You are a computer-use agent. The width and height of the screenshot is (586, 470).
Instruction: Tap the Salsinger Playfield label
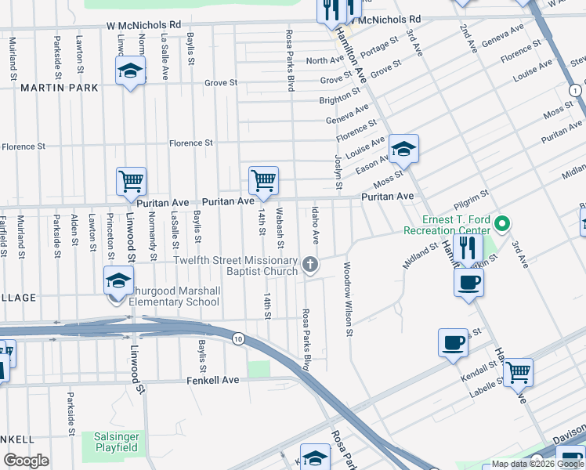[x=111, y=442]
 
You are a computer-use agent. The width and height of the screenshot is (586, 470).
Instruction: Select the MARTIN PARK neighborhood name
[x=49, y=88]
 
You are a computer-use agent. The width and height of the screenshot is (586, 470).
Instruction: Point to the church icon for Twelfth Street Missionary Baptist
[x=311, y=265]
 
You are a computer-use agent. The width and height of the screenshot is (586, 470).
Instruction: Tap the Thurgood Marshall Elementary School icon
[x=118, y=280]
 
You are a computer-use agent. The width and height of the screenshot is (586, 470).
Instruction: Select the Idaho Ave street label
[x=316, y=224]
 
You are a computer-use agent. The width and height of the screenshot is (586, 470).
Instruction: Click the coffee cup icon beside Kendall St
[x=453, y=342]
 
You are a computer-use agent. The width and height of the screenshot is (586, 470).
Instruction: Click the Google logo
[x=26, y=461]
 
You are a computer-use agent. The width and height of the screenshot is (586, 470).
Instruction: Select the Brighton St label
[x=338, y=99]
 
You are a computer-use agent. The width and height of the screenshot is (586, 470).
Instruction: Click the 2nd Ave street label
[x=468, y=38]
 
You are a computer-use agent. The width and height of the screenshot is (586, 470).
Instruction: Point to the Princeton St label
[x=110, y=233]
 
